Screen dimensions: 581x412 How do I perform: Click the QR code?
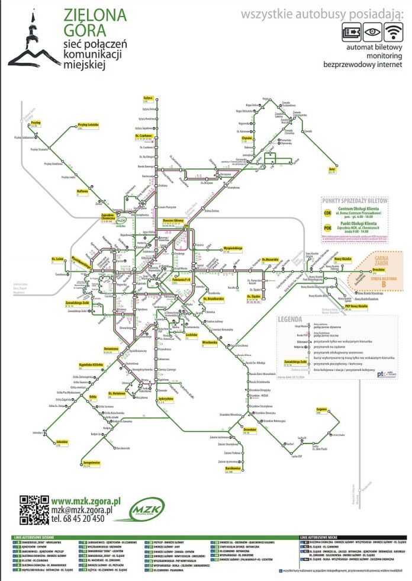(34, 508)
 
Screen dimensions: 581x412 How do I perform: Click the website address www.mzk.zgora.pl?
(86, 500)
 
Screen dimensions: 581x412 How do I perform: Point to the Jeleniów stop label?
(62, 442)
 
